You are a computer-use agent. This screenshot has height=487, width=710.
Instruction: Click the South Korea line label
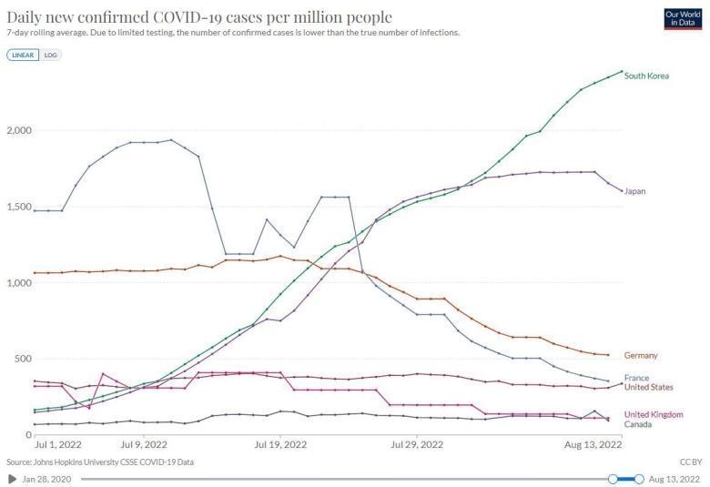646,76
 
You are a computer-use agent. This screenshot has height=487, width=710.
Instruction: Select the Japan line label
634,191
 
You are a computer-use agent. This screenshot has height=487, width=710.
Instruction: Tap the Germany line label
642,355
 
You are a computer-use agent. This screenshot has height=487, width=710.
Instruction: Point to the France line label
636,377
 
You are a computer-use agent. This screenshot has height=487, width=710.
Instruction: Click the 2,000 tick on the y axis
18,130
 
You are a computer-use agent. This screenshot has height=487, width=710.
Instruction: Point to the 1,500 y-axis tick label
18,207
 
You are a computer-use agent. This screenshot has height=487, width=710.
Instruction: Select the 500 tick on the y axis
22,359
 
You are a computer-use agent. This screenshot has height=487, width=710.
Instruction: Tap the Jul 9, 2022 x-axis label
143,445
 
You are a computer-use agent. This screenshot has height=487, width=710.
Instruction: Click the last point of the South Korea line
622,71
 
